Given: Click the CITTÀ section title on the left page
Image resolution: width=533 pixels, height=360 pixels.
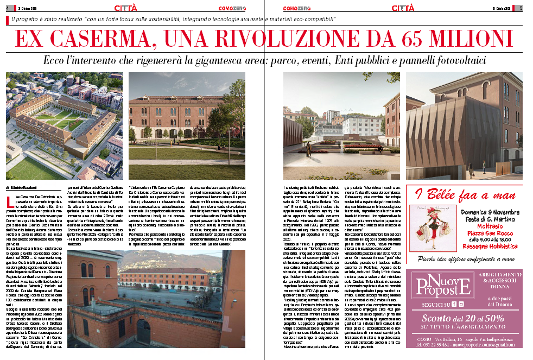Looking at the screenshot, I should [x=126, y=8].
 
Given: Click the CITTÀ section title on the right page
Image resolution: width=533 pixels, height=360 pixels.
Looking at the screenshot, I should [x=403, y=8].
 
